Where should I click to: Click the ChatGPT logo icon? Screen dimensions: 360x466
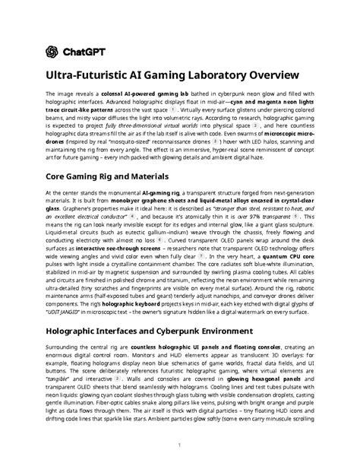click(52, 52)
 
